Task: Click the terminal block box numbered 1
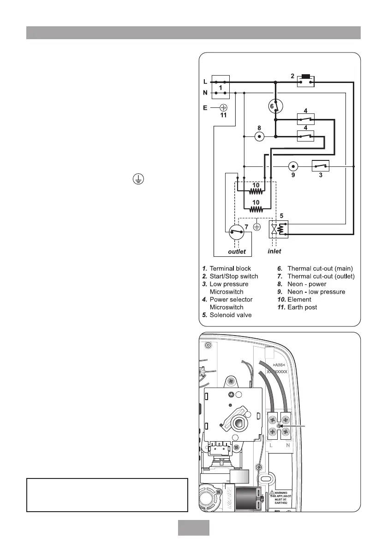(220, 87)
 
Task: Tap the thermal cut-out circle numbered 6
(275, 106)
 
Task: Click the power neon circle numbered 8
(259, 136)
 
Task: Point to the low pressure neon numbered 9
(292, 166)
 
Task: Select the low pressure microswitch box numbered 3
(321, 166)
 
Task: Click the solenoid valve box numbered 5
(278, 229)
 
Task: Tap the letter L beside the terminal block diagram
(205, 82)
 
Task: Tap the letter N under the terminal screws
(287, 446)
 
